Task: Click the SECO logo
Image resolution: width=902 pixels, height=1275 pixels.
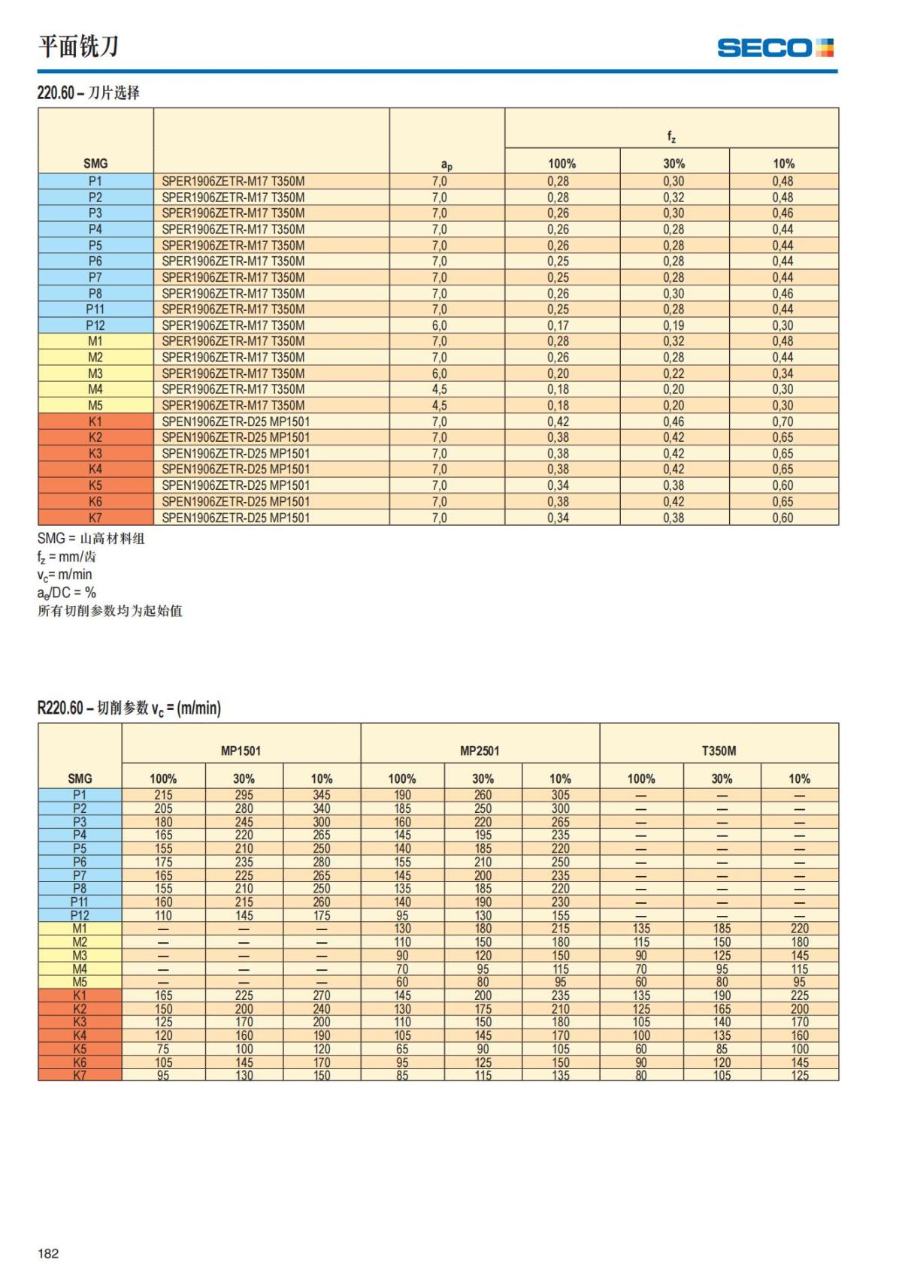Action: click(775, 48)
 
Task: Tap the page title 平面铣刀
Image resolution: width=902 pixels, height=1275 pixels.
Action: click(78, 47)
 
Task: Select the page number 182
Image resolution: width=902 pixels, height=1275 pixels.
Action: click(48, 1253)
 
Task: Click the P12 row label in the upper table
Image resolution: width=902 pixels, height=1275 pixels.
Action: click(95, 325)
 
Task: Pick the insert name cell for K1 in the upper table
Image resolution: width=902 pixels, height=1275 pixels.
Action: click(236, 421)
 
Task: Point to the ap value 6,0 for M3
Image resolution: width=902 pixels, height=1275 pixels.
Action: click(439, 373)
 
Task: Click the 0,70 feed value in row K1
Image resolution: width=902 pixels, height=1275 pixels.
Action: click(782, 421)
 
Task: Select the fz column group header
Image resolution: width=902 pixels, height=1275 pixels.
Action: click(671, 136)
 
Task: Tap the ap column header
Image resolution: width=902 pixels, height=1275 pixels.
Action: click(446, 165)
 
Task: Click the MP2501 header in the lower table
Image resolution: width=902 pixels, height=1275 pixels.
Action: click(480, 751)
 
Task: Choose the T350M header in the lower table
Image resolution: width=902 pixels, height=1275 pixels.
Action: click(719, 751)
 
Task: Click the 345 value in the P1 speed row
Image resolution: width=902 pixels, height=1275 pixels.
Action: click(322, 795)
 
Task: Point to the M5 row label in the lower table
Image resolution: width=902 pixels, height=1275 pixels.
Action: click(80, 982)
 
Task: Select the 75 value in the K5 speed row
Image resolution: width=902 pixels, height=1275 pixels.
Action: click(163, 1049)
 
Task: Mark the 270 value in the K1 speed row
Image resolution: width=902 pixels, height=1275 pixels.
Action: click(322, 996)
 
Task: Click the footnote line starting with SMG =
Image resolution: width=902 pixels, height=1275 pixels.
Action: click(91, 539)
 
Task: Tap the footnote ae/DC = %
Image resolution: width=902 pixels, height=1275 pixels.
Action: click(67, 593)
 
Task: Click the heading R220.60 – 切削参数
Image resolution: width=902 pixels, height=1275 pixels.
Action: click(129, 708)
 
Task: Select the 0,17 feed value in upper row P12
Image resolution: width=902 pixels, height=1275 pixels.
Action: click(558, 325)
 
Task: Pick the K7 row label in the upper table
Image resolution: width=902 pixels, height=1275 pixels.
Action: click(95, 518)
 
